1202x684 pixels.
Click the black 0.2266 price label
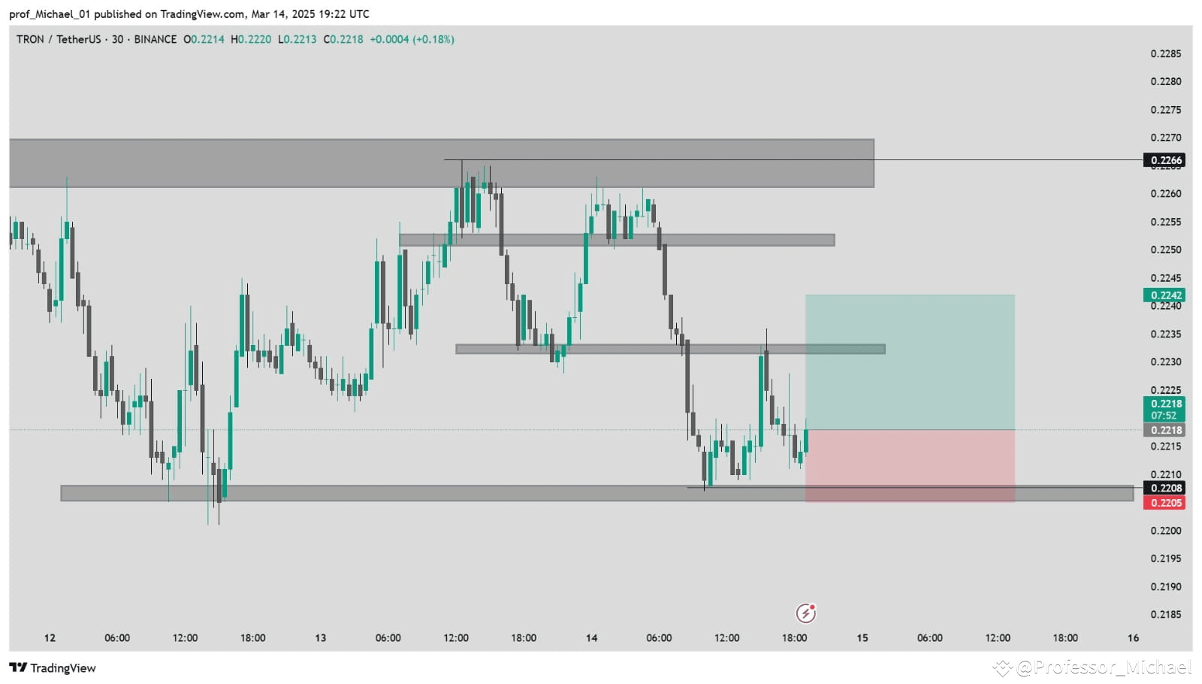click(1164, 160)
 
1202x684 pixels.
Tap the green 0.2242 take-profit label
click(1164, 295)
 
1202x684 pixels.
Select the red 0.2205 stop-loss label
click(1164, 503)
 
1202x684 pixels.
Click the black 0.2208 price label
click(1164, 488)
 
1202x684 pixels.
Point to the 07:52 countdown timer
click(1164, 416)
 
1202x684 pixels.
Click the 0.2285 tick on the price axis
click(1165, 53)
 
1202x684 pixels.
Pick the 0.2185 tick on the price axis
click(1165, 614)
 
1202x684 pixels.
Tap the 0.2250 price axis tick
click(1165, 250)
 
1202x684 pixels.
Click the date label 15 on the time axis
click(862, 638)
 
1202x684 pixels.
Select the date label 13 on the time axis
click(321, 638)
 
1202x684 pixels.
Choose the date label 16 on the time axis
click(1133, 638)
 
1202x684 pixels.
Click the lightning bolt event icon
click(805, 613)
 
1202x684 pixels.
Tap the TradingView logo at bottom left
click(53, 668)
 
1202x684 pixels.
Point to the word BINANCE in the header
click(156, 39)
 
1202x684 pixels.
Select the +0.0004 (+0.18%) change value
click(412, 39)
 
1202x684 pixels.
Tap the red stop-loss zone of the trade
click(910, 466)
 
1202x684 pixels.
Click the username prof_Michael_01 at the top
click(50, 14)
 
